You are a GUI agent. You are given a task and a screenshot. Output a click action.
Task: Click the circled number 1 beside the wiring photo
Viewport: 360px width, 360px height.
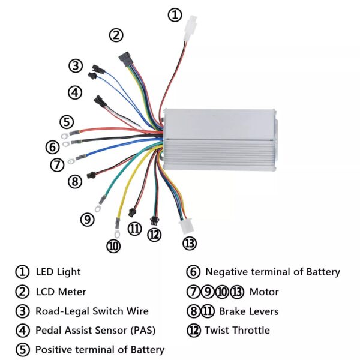(174, 15)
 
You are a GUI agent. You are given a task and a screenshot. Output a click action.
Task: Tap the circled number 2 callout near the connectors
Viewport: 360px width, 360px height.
(116, 35)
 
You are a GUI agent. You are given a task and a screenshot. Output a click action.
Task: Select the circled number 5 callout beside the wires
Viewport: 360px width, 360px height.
(67, 122)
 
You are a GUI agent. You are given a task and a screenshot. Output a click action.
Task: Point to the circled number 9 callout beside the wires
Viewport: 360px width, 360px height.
(88, 220)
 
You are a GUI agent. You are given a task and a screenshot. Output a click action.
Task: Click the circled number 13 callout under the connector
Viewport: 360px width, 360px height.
(190, 243)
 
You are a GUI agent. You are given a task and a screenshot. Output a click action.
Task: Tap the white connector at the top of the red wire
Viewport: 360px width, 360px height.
(193, 26)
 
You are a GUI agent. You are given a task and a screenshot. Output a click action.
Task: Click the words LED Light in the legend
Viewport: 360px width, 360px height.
(58, 272)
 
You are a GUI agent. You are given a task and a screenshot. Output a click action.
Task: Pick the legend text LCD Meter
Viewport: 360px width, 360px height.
(61, 292)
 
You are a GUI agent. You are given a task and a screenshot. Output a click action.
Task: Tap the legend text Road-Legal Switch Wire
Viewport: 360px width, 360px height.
(92, 311)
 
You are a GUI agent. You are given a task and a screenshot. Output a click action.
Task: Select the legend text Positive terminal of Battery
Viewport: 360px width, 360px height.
(100, 349)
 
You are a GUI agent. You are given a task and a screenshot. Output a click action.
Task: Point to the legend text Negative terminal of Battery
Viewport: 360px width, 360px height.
(272, 272)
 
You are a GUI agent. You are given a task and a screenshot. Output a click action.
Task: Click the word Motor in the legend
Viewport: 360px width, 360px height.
(264, 292)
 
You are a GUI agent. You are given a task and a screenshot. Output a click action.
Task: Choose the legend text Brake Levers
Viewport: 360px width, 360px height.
(248, 311)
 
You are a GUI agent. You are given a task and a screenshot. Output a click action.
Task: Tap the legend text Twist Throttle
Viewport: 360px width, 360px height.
(237, 330)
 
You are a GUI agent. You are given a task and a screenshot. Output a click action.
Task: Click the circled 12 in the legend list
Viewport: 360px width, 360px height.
(193, 330)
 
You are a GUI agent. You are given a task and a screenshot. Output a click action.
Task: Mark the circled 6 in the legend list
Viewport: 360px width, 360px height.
(193, 272)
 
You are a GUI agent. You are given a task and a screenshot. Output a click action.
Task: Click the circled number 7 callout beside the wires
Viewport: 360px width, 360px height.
(57, 164)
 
